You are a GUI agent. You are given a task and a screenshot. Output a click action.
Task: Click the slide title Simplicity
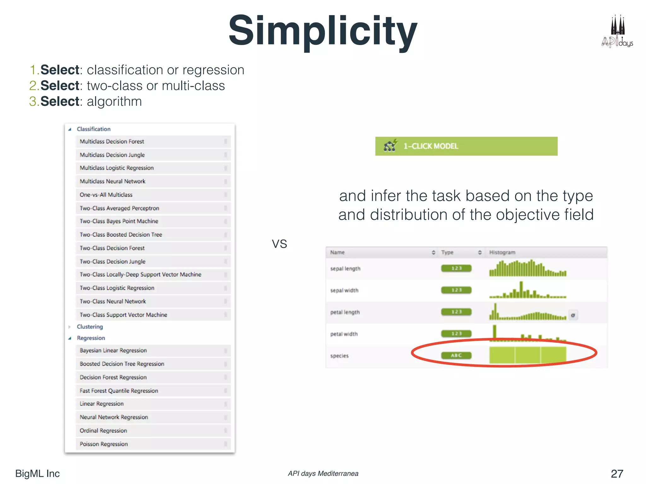click(x=323, y=31)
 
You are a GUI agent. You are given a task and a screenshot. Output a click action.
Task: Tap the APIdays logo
click(x=617, y=32)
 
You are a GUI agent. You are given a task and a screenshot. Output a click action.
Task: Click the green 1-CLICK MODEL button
click(x=466, y=146)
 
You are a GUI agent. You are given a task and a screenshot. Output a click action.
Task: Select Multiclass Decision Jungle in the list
click(x=112, y=155)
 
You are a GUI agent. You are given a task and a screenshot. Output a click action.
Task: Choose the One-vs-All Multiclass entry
click(x=106, y=195)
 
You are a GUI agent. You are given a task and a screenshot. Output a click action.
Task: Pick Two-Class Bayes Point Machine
click(x=119, y=221)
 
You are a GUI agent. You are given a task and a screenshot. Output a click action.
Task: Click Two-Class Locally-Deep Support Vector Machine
click(x=140, y=274)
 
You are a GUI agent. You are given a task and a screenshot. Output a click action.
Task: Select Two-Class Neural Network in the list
click(x=113, y=301)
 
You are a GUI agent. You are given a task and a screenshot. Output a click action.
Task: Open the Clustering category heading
click(x=90, y=327)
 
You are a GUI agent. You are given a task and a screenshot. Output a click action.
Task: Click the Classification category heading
click(x=94, y=129)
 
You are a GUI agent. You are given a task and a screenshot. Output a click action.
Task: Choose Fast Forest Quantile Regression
click(x=119, y=391)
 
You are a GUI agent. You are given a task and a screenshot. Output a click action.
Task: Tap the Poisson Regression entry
click(x=104, y=444)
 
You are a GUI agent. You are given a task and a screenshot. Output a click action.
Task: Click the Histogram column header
click(x=502, y=252)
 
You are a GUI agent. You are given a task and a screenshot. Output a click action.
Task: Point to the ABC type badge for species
click(x=456, y=355)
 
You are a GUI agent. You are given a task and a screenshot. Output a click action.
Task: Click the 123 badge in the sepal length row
click(x=456, y=268)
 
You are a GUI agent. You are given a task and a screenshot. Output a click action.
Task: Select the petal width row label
click(x=344, y=334)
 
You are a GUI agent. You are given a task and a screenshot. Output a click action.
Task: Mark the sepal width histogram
click(x=527, y=290)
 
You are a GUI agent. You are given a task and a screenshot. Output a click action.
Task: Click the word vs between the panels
click(x=279, y=244)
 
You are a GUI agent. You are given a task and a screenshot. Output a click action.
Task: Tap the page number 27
click(x=617, y=474)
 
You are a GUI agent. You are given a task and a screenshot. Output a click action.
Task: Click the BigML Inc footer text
click(x=38, y=474)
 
